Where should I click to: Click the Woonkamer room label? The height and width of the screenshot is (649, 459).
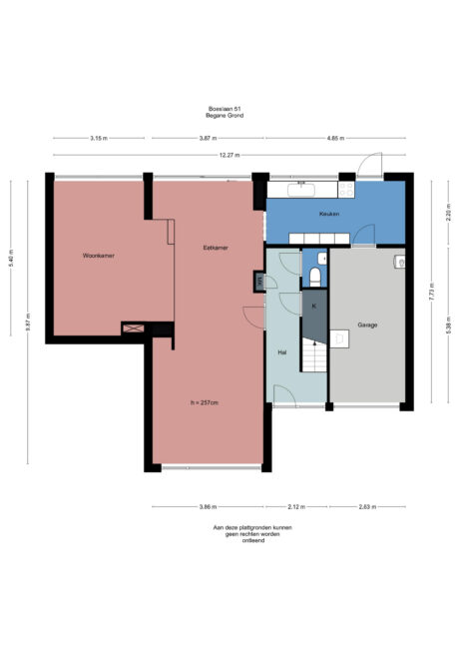click(x=98, y=257)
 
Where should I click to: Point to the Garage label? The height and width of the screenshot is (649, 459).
click(x=366, y=325)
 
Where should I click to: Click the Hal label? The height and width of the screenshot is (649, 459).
click(x=282, y=352)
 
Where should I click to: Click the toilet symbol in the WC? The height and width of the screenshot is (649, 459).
click(x=314, y=275)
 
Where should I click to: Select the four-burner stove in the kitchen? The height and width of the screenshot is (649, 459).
click(x=348, y=188)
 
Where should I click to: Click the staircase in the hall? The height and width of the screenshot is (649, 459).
click(x=314, y=354)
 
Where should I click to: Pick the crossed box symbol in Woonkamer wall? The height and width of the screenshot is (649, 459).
click(x=133, y=327)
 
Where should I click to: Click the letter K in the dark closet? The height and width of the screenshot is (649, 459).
click(x=313, y=306)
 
